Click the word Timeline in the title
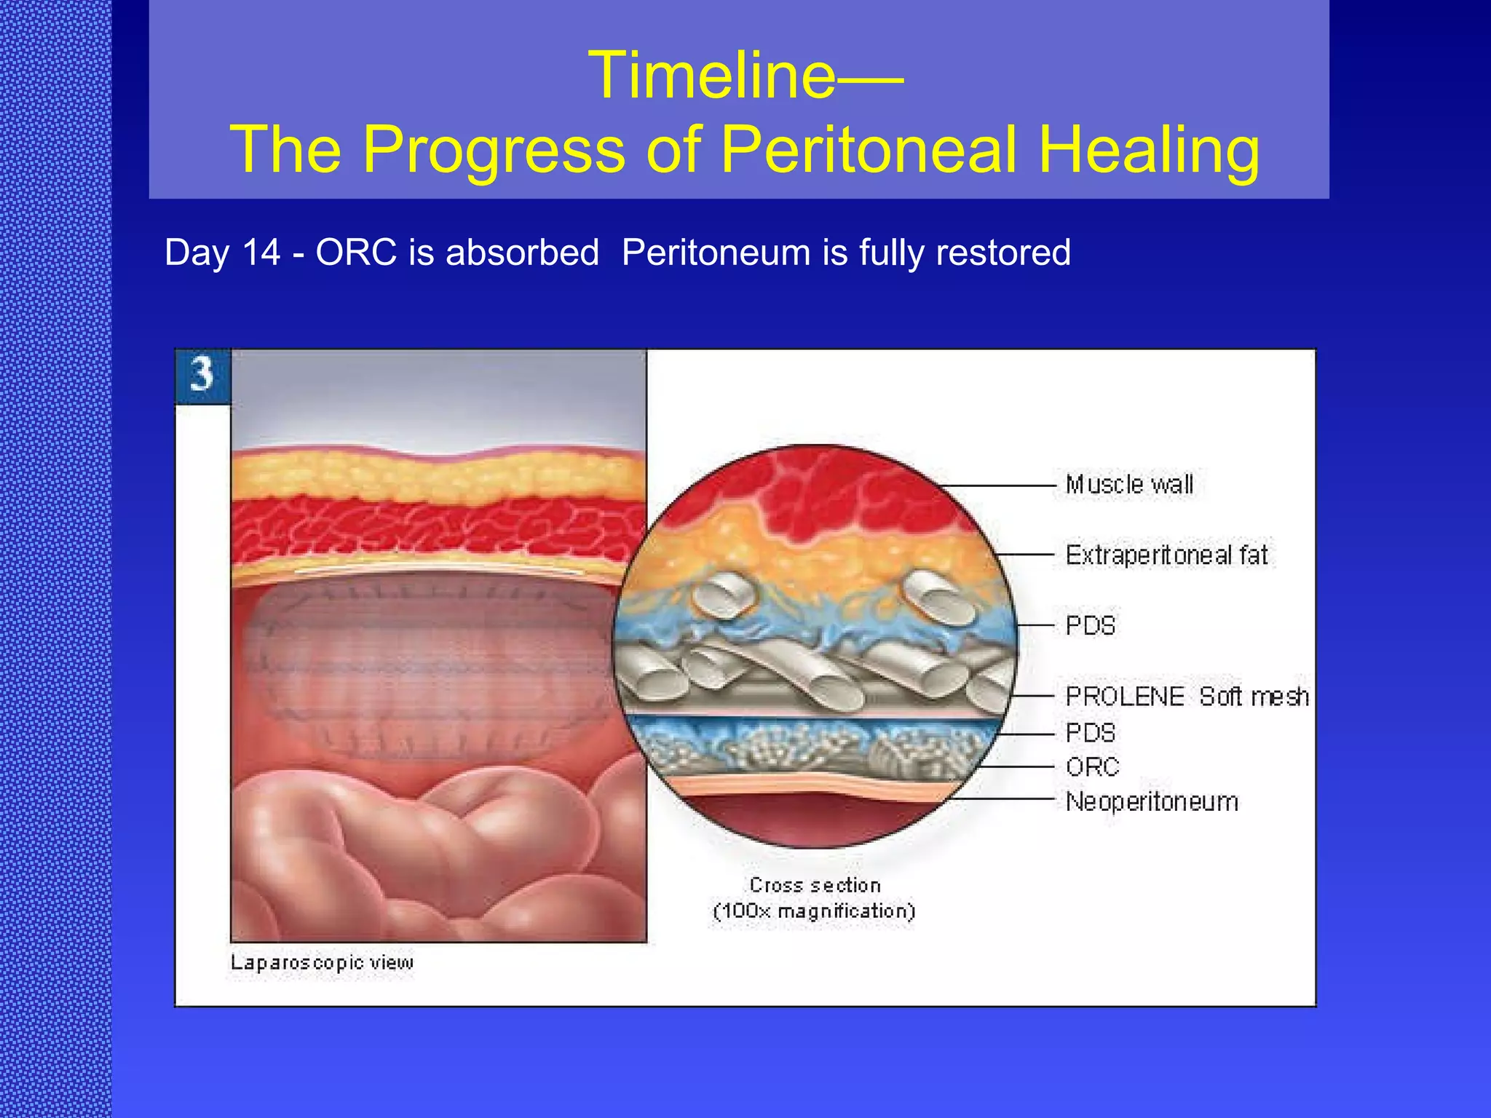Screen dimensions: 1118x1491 click(x=712, y=76)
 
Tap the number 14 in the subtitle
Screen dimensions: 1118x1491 click(x=261, y=253)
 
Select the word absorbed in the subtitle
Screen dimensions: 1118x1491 click(x=522, y=253)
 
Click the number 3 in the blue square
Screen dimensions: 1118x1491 click(x=202, y=375)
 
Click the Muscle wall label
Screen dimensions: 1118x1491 click(x=1129, y=485)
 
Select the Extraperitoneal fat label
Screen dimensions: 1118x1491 click(x=1166, y=555)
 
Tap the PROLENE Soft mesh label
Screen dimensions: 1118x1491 click(x=1187, y=697)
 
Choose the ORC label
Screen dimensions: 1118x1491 click(x=1092, y=767)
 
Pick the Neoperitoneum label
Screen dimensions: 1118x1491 click(x=1152, y=802)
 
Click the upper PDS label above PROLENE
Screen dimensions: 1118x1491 click(x=1090, y=626)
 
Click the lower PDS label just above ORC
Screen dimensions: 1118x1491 click(x=1090, y=733)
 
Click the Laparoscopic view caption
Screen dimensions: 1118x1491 click(x=322, y=963)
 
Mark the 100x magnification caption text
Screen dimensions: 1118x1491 click(x=814, y=911)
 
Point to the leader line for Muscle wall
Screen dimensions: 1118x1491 click(x=997, y=485)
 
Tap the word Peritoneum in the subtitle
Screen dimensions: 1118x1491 click(x=716, y=253)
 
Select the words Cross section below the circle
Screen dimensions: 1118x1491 click(x=815, y=885)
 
